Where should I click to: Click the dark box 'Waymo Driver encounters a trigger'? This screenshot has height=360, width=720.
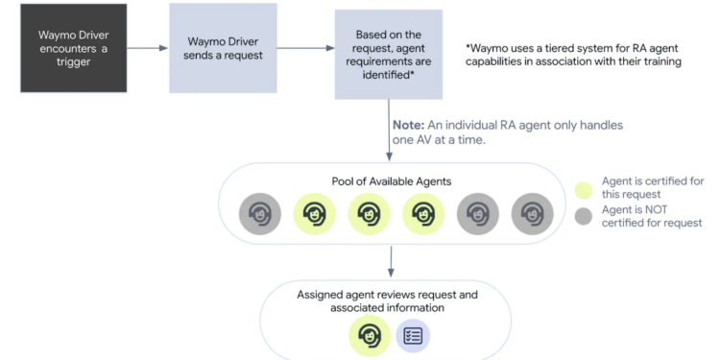pos(74,51)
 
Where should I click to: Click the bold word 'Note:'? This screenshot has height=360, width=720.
pos(408,125)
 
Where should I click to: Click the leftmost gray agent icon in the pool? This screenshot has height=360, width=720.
pos(260,214)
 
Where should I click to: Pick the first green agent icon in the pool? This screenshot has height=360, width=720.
pos(314,214)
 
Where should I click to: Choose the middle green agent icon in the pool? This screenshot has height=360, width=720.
pos(368,214)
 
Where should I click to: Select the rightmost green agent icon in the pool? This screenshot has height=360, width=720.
pos(422,214)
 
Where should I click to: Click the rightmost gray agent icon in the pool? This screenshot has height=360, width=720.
pos(532,214)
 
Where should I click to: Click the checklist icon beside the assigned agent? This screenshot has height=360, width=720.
pos(414,335)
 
